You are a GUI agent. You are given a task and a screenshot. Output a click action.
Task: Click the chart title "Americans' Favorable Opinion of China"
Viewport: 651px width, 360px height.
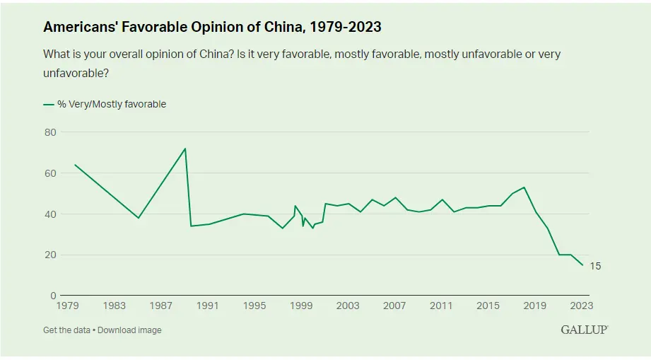pos(212,27)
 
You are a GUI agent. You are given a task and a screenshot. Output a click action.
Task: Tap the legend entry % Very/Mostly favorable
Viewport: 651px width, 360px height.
pos(111,104)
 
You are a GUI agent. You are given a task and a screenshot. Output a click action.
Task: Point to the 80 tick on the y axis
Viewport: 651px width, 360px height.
pos(50,132)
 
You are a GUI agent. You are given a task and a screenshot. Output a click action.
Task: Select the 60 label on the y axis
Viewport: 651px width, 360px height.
pos(50,173)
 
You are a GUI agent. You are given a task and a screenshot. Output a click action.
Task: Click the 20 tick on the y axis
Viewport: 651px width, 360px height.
pos(50,255)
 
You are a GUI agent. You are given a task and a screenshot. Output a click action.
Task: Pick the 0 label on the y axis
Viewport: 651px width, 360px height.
pos(53,296)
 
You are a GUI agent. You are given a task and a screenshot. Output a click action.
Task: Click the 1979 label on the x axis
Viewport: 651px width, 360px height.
pos(68,306)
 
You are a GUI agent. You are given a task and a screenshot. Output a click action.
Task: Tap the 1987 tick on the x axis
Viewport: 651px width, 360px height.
pos(161,306)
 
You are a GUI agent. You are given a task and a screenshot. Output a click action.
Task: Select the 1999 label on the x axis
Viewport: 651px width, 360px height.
pos(301,306)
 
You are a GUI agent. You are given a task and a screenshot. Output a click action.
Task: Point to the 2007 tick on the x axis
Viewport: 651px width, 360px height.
pos(394,306)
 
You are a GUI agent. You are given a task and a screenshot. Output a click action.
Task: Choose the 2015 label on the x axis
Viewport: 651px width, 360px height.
pos(488,306)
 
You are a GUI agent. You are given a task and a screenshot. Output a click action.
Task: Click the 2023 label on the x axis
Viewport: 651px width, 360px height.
pos(581,306)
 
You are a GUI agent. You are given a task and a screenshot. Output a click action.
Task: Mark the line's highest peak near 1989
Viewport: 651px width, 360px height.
pos(185,149)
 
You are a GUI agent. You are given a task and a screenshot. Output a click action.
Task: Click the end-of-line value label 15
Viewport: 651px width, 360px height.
pos(595,266)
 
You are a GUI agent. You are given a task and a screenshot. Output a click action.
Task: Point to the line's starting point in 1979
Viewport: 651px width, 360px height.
pos(74,165)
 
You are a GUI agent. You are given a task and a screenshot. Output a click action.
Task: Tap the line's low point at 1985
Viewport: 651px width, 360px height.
pos(139,218)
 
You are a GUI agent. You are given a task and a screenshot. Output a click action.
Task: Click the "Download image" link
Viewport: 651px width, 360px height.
pos(129,330)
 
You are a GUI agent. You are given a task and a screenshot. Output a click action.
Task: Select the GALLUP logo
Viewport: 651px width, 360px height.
pos(584,330)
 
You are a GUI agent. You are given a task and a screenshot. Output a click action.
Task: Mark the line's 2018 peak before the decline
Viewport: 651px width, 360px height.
pos(524,187)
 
